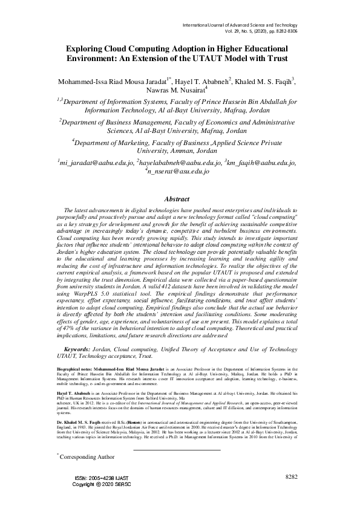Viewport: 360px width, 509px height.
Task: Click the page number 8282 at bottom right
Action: [292, 494]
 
